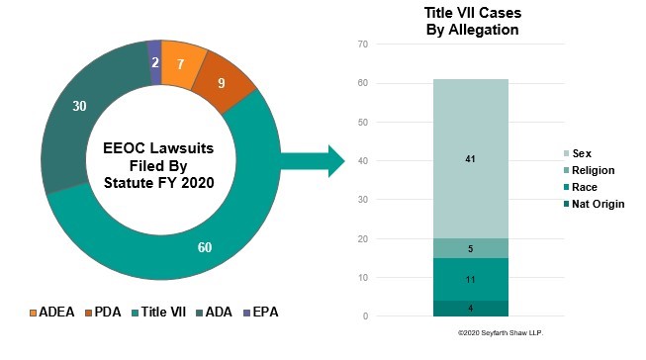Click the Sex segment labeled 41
(x=470, y=158)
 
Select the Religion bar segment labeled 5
(x=470, y=248)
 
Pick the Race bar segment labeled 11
(x=470, y=279)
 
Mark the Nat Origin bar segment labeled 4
(x=470, y=308)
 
